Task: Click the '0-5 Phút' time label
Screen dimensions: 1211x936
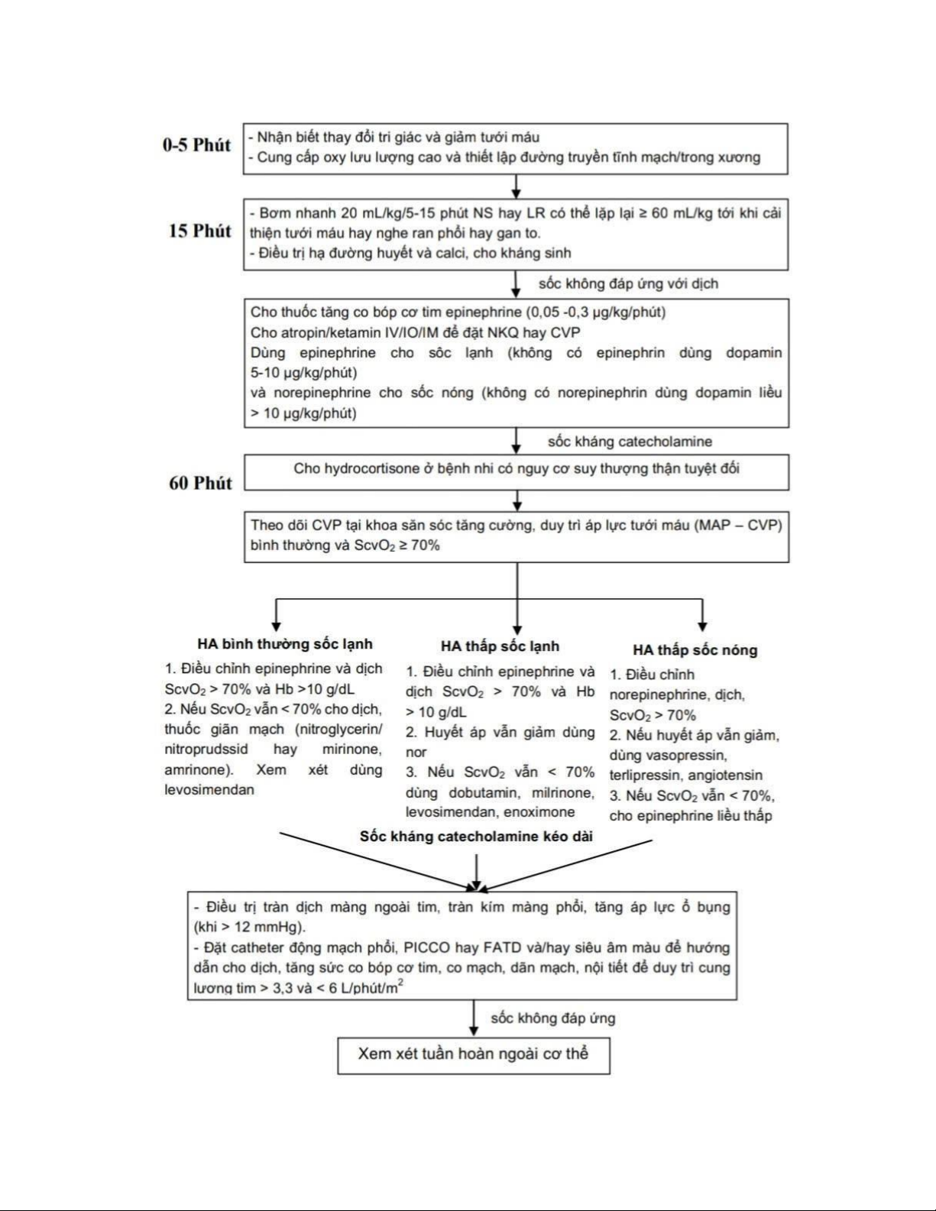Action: (x=196, y=145)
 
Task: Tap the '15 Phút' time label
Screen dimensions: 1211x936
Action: (x=199, y=231)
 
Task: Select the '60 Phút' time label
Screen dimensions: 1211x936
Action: (x=200, y=483)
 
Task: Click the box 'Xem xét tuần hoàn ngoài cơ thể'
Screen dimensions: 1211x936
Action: (x=474, y=1054)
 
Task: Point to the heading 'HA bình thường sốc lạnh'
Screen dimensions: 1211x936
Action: (x=285, y=644)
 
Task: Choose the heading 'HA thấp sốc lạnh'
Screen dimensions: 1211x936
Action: (x=500, y=646)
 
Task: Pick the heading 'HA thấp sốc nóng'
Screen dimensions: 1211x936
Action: (x=695, y=650)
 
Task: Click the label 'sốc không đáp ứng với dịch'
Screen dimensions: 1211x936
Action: (x=628, y=284)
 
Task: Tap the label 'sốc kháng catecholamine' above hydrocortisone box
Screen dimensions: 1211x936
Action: (x=630, y=442)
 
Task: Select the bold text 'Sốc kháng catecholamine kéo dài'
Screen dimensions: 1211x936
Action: (x=476, y=837)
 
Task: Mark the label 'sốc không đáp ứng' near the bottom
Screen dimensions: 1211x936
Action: (x=552, y=1018)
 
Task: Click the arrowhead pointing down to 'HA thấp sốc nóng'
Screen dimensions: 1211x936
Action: (x=702, y=627)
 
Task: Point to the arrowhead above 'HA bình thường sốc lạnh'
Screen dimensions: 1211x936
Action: (x=277, y=627)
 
